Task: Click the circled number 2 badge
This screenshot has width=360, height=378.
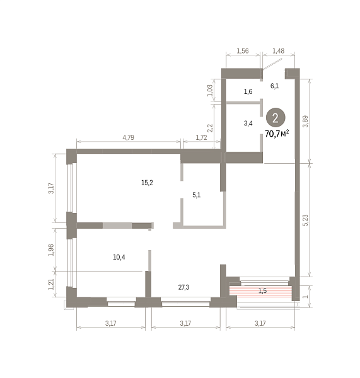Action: [x=276, y=118]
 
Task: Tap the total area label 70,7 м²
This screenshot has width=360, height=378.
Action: [x=277, y=134]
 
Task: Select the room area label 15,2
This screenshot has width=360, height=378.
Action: [x=147, y=183]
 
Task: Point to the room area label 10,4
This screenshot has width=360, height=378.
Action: [x=119, y=258]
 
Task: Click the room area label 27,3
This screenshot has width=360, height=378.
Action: [x=183, y=287]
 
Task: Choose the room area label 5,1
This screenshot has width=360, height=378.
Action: [x=197, y=195]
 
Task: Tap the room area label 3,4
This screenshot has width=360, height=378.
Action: [x=248, y=123]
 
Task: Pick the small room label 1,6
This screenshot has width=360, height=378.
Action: [x=248, y=91]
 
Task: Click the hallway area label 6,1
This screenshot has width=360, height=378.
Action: [x=275, y=86]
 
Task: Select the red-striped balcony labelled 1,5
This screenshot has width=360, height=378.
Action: [x=260, y=292]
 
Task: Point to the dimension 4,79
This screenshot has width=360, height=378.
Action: [x=129, y=137]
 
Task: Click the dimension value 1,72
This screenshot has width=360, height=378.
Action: [x=201, y=137]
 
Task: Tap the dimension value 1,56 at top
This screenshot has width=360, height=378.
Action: [x=243, y=51]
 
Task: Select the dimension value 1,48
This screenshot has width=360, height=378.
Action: [x=278, y=51]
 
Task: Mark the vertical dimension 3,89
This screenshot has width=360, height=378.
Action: [x=306, y=122]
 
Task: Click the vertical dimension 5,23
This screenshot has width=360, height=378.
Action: [x=306, y=220]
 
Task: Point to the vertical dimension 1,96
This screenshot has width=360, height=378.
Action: [x=51, y=250]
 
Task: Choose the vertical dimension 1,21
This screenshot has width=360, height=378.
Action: [x=51, y=284]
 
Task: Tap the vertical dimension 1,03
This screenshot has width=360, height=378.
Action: [x=210, y=90]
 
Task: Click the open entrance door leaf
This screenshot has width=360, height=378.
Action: [x=272, y=64]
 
